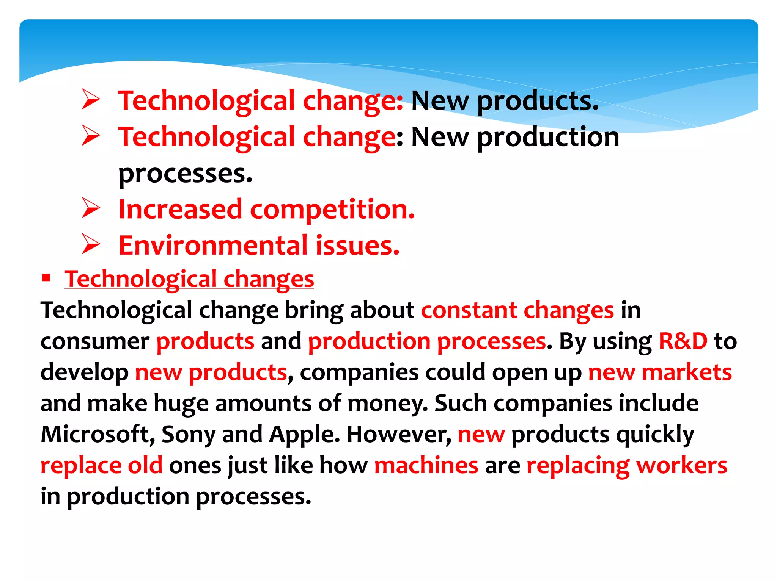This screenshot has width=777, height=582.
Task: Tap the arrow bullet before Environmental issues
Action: pos(91,244)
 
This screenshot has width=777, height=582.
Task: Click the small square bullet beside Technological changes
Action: pos(46,278)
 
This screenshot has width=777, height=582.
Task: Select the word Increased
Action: pos(180,209)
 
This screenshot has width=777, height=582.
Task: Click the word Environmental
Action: pos(213,246)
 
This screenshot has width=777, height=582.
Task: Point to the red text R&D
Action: pos(683,341)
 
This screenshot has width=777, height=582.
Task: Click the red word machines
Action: pos(426,465)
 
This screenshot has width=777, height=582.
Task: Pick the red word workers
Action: pos(681,465)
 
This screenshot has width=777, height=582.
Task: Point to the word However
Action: pos(399,434)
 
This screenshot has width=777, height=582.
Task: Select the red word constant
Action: pos(469,310)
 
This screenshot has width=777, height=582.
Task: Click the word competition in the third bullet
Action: pos(332,210)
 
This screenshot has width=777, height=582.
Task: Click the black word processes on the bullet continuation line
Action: pos(185,174)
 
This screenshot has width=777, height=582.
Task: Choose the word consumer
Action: pos(95,342)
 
